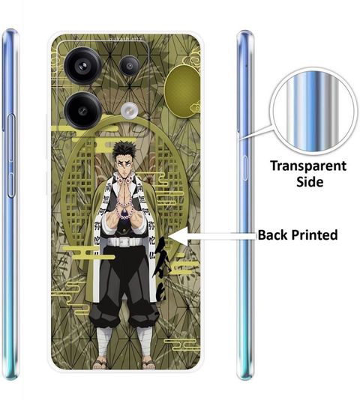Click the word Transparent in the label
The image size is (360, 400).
tap(308, 166)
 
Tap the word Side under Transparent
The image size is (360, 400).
tap(310, 182)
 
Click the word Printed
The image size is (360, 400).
tap(314, 235)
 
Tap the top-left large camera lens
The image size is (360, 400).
tap(83, 66)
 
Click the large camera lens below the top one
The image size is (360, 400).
tap(83, 111)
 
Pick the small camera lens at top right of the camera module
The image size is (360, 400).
tap(130, 66)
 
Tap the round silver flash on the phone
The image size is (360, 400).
tap(130, 111)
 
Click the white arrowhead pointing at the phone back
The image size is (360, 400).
tap(178, 235)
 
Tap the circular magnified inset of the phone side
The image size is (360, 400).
tap(313, 110)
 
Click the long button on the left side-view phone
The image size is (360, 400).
tap(11, 156)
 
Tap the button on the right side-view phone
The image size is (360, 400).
tap(244, 167)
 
